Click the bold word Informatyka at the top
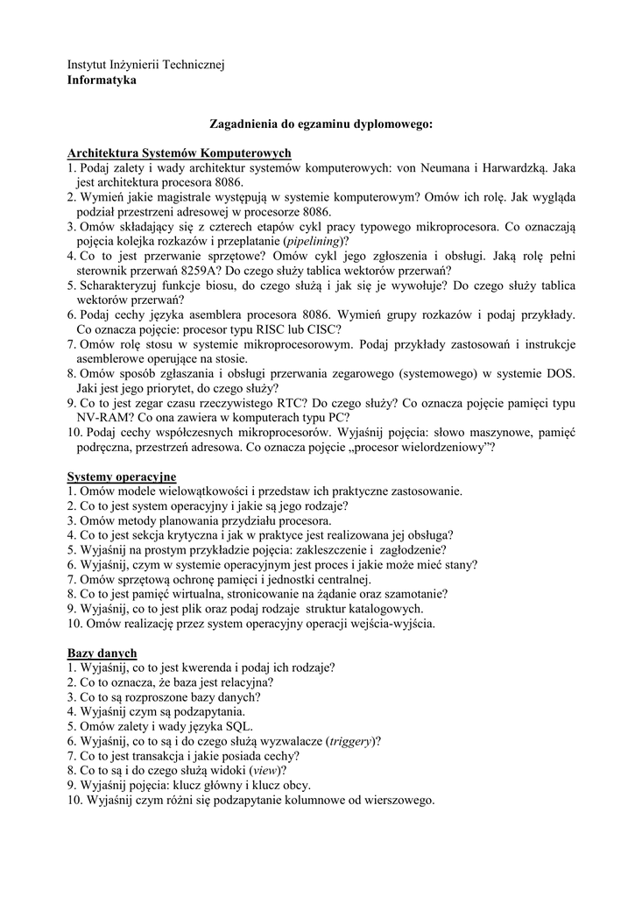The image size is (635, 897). coord(102,80)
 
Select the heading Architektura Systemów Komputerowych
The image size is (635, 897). coord(179,152)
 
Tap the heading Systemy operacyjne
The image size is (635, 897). coord(122,477)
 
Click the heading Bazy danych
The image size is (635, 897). coord(102,653)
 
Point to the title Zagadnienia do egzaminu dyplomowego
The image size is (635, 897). coord(321,124)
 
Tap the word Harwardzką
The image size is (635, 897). coord(515,167)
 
